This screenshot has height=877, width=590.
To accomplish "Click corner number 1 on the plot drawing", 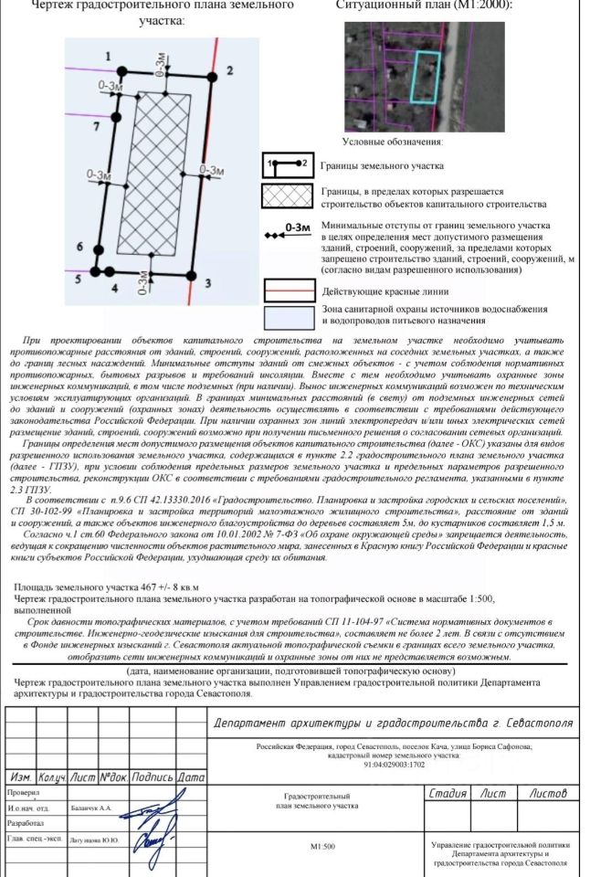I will click(x=109, y=57).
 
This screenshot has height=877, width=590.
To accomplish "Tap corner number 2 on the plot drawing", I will click(x=230, y=69).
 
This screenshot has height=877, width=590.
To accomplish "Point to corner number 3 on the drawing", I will click(x=207, y=283).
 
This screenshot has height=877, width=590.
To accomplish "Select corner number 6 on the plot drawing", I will click(x=79, y=248).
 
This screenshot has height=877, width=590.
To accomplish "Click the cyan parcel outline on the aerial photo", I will click(x=425, y=76).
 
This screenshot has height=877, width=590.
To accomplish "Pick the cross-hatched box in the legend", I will click(x=289, y=197).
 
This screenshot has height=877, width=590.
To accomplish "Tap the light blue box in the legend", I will click(x=289, y=316).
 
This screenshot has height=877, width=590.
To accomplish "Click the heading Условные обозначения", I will click(x=392, y=143).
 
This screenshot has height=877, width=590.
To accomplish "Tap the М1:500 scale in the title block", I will click(x=321, y=846).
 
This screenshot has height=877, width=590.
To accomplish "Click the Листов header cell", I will click(x=547, y=794).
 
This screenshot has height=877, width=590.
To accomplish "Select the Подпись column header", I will click(x=152, y=777).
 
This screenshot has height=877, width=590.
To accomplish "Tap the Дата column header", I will click(x=191, y=777).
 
